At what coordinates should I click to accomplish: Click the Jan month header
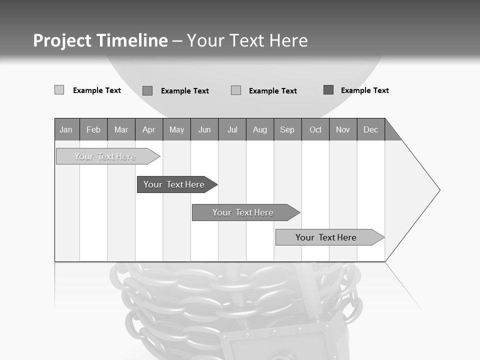coord(66,129)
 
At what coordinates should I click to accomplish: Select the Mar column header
coord(121,129)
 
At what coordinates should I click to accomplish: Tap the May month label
coord(176,129)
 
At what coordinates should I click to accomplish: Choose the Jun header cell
coord(204,129)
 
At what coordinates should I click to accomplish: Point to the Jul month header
coord(232,129)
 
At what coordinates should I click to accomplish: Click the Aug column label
coord(260,129)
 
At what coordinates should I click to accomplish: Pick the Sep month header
coord(287,129)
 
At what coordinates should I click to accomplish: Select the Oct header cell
coord(315,129)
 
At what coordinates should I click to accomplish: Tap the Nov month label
coord(343,129)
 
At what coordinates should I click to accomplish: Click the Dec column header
coord(370,129)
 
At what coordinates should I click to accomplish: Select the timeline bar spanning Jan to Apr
coord(105,156)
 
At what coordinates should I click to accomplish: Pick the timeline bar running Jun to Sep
coord(243,212)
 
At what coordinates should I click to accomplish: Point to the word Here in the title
coord(288,40)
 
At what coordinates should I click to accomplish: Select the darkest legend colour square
coord(328,90)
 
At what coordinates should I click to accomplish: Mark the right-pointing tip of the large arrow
coord(438,190)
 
